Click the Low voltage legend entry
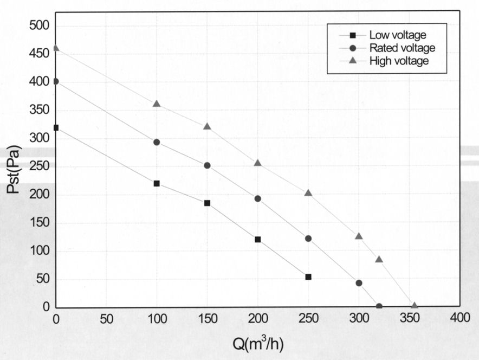click(x=389, y=35)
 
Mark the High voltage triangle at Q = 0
click(x=56, y=48)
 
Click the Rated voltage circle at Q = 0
click(x=56, y=81)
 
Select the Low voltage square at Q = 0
click(x=56, y=127)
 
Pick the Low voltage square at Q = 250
click(x=308, y=277)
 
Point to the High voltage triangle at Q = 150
click(x=207, y=126)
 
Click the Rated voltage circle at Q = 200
click(x=257, y=198)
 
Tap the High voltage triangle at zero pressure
click(x=415, y=306)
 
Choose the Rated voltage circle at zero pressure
click(x=379, y=306)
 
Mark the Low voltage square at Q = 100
click(x=157, y=183)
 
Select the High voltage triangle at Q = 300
click(x=359, y=236)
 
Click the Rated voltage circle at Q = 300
click(x=359, y=283)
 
